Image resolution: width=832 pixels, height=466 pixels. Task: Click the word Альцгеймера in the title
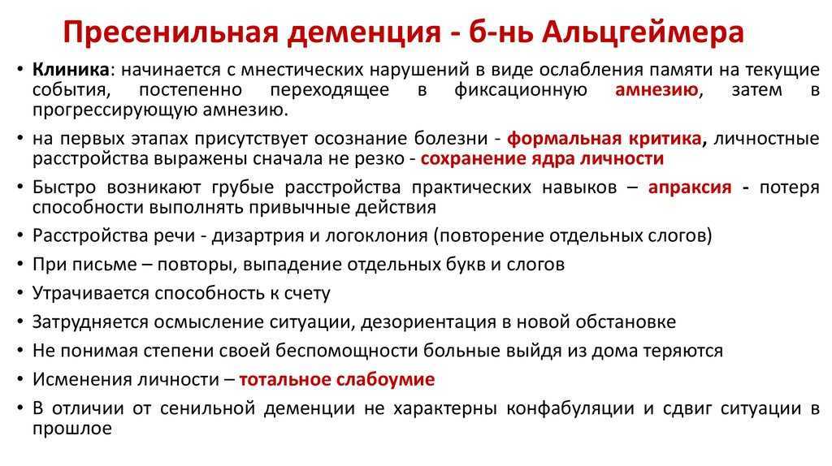[x=643, y=32]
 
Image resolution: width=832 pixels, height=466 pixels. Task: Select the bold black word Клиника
[x=71, y=70]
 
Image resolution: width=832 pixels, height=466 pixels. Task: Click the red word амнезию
[x=656, y=90]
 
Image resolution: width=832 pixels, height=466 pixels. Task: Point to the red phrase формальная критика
[x=604, y=139]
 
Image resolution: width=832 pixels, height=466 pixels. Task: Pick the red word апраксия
[x=690, y=188]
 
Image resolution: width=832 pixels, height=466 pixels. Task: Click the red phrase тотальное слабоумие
[x=337, y=380]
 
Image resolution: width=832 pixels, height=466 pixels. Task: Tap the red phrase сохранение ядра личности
[x=542, y=159]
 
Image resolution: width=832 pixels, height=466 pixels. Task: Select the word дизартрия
[x=258, y=236]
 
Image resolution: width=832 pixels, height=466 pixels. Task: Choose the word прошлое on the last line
[x=72, y=429]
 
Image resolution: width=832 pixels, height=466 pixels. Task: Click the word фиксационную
[x=521, y=90]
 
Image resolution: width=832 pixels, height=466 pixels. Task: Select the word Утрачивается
[x=89, y=293]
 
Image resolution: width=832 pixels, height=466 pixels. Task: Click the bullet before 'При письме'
[x=20, y=264]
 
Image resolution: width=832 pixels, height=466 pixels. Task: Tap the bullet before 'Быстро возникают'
[x=20, y=188]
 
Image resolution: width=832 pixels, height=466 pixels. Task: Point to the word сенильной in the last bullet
[x=204, y=408]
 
